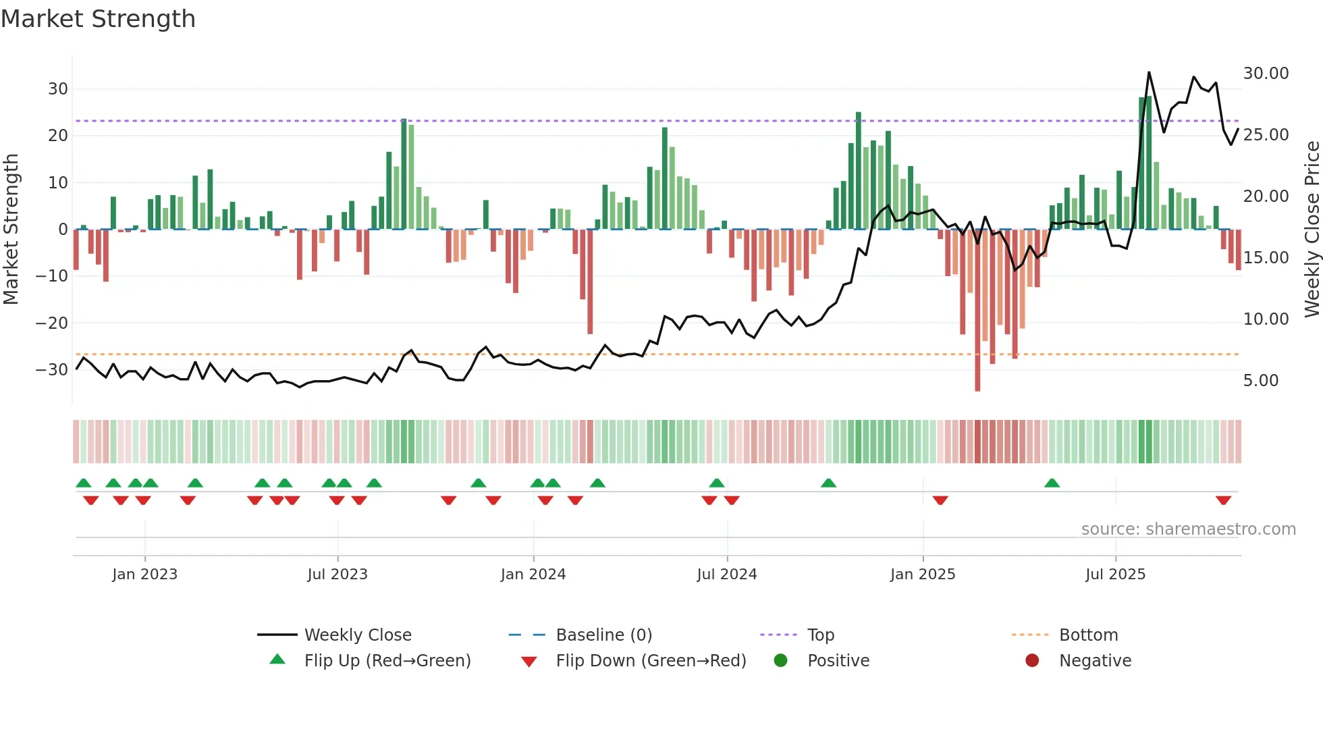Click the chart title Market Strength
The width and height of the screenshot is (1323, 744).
click(98, 19)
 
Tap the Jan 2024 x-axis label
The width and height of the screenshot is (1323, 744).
click(533, 575)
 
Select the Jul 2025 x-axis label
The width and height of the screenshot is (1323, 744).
click(1115, 575)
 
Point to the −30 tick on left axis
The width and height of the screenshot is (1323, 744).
click(52, 370)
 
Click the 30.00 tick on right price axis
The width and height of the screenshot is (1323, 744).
click(1266, 74)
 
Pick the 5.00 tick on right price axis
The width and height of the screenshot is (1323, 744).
click(1260, 381)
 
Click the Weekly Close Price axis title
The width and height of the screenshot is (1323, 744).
click(1312, 230)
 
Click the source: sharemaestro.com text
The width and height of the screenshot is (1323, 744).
click(1188, 529)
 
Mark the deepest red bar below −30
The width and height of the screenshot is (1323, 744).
click(977, 311)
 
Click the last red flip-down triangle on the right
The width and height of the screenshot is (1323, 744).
click(1223, 500)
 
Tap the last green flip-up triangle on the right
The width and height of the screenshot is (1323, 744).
click(1052, 483)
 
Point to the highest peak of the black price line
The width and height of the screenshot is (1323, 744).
click(1149, 73)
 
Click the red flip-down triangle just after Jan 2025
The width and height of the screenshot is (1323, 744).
click(940, 500)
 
